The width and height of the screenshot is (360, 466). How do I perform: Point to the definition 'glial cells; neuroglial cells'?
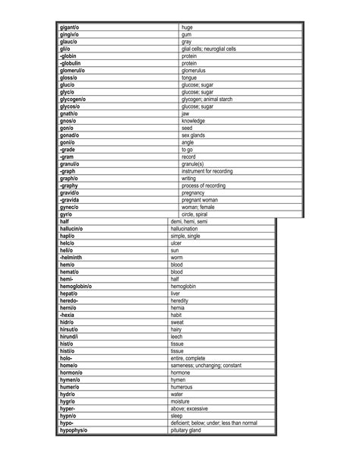coord(209,49)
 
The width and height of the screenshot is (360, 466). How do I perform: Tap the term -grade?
coord(67,150)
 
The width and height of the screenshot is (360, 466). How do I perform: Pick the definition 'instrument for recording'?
coord(207,171)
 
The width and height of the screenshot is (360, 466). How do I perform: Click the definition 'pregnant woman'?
coord(201,200)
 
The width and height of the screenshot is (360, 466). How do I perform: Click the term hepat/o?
coord(68,293)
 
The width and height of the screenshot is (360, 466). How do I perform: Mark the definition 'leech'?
coord(177,336)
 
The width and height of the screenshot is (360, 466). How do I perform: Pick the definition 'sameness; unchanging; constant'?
coord(206,365)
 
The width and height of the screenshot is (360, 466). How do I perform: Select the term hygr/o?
coord(67,401)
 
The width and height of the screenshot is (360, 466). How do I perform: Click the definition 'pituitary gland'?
coord(186,430)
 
